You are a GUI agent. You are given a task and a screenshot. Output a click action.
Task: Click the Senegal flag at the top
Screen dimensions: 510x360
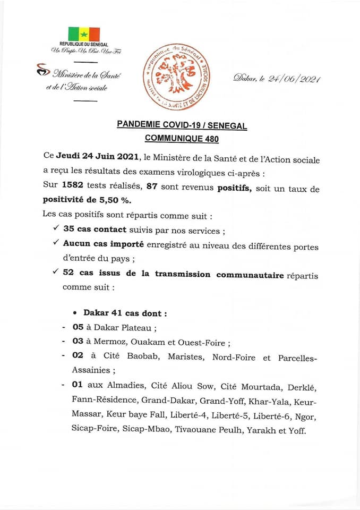click(84, 33)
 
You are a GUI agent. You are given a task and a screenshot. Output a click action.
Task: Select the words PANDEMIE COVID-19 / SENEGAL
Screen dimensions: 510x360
click(182, 125)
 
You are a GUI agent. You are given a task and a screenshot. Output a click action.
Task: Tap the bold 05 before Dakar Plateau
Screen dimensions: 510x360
click(78, 328)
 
